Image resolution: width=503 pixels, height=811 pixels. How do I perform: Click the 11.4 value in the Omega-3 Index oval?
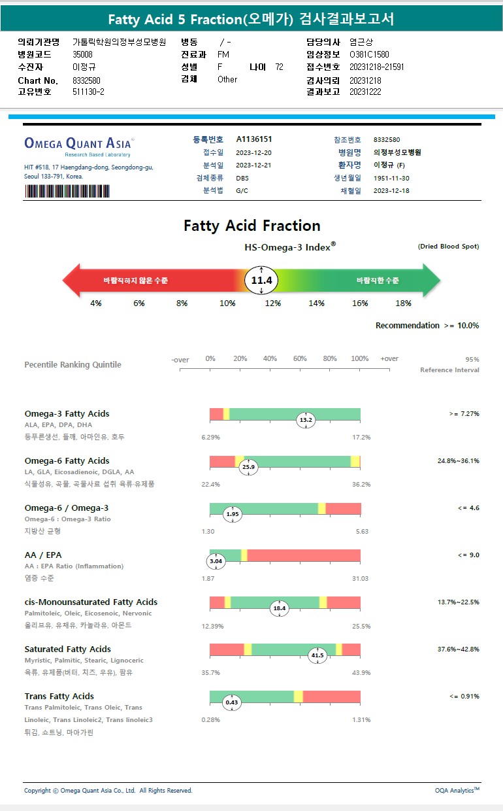point(261,281)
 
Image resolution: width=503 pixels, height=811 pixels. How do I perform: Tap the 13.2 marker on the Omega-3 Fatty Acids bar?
point(306,420)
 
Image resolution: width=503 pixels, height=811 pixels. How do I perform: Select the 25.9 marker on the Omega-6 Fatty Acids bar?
point(248,467)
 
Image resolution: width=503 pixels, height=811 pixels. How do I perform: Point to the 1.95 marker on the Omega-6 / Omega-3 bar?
point(233,514)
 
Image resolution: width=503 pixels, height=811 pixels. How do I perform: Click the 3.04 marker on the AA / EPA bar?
point(216,561)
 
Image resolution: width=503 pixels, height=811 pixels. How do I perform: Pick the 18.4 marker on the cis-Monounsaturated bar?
point(280,608)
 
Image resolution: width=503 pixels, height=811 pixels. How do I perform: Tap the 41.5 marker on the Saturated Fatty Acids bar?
point(317,655)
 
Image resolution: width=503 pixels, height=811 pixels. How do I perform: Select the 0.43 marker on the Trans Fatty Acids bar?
point(232,702)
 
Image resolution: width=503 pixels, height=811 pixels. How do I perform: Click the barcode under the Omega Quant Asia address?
point(67,191)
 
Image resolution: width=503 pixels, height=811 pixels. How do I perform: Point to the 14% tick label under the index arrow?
point(317,303)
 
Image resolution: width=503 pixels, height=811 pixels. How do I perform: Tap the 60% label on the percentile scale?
point(300,359)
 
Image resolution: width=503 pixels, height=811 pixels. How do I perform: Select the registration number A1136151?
point(254,139)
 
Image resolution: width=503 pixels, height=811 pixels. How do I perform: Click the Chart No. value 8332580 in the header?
point(86,80)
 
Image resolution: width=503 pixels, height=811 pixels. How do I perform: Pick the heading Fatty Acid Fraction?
point(252,226)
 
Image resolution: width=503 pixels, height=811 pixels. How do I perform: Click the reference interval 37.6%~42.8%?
point(458,649)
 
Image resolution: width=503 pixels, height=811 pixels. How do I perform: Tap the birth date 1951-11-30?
point(391,178)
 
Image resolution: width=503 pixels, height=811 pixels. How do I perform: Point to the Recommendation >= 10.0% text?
point(427,326)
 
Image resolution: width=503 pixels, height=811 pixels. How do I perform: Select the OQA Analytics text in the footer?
point(457,791)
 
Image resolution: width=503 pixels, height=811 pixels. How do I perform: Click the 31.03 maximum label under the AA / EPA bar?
point(360,579)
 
